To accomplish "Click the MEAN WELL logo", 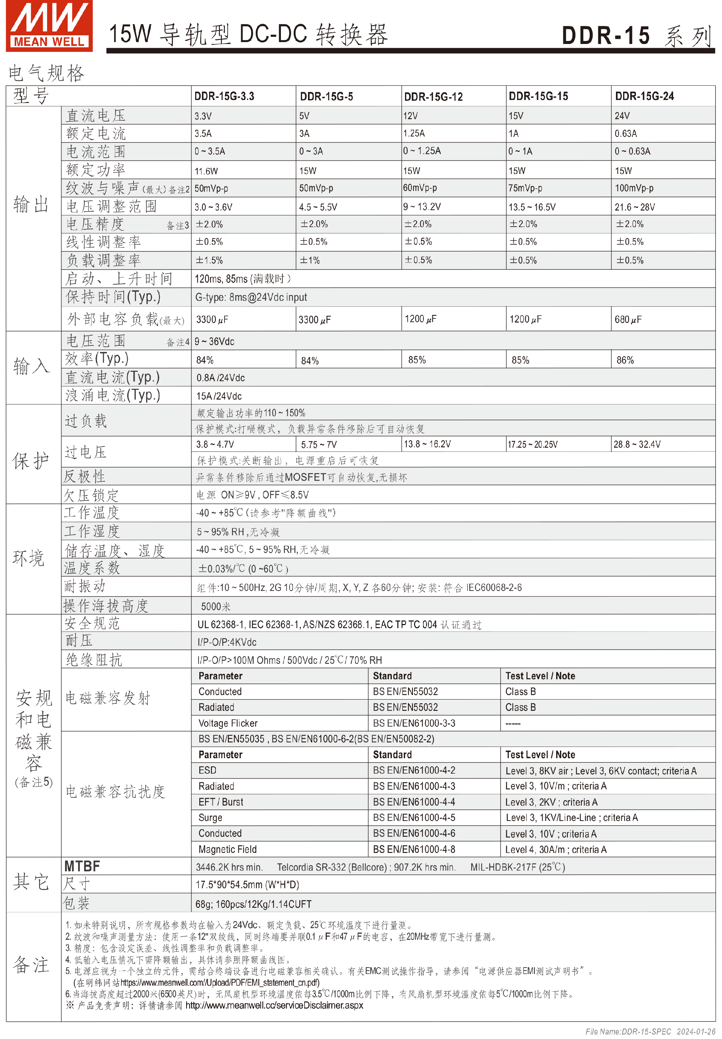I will (49, 26).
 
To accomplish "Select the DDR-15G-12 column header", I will (433, 97).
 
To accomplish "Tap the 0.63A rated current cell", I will (625, 133).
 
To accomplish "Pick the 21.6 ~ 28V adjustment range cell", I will (634, 207).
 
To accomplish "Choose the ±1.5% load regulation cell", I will (209, 261).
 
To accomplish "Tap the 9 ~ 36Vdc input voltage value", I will (214, 342).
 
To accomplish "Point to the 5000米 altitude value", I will (216, 606).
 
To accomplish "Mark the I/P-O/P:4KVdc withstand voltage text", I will (227, 642).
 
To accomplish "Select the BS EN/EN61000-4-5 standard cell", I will (414, 818).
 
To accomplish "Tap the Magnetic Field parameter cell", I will (228, 849).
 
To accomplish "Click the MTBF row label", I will (82, 866).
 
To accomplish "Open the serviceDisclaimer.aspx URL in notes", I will (274, 1005).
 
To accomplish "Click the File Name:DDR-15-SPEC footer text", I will (628, 1031).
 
